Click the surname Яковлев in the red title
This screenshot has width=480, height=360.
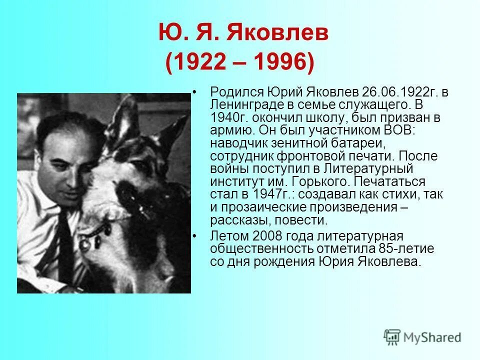(277, 34)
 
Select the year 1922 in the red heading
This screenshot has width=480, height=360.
(202, 63)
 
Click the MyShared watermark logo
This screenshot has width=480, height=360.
(422, 336)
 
